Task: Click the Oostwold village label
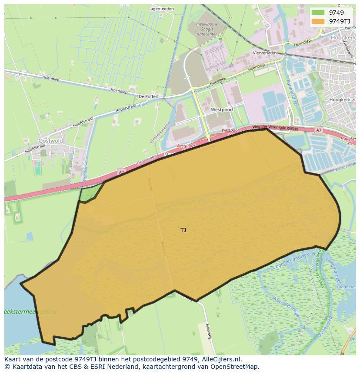click(x=51, y=141)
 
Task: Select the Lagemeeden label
click(x=161, y=8)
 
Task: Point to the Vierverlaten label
click(x=265, y=53)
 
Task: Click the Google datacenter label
click(x=207, y=29)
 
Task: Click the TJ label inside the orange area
click(x=183, y=230)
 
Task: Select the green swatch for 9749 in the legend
click(x=318, y=13)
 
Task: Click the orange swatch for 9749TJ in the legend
click(x=318, y=21)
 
